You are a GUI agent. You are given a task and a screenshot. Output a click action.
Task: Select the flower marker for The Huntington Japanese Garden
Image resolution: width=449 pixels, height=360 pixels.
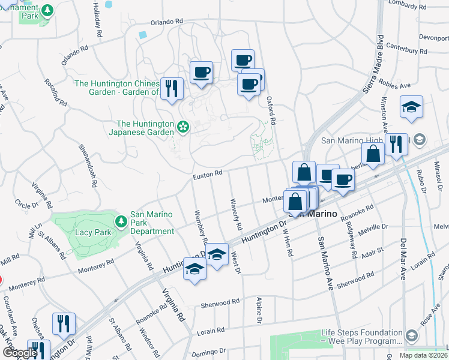coord(183,127)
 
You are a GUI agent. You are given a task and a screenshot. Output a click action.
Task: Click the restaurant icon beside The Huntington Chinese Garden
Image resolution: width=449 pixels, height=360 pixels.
coord(172,88)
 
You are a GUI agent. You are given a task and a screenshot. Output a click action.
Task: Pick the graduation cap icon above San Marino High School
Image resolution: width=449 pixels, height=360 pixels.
coord(412,108)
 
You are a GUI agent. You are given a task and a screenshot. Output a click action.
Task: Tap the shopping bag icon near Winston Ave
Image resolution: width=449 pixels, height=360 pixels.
coord(373,154)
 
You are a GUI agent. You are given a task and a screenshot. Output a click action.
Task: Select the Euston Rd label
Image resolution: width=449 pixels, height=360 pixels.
coord(208,174)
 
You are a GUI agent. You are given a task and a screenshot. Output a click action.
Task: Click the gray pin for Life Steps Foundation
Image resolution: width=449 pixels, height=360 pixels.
coord(412,335)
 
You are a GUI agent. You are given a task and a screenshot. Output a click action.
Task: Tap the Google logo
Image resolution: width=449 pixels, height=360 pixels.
coord(20,353)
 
